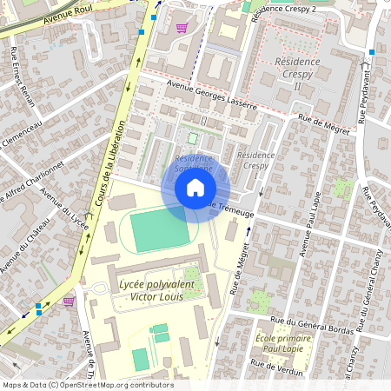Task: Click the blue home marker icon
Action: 195,188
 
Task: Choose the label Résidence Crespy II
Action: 298,74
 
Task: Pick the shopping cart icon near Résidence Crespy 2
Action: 181,27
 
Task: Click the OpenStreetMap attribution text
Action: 87,385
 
